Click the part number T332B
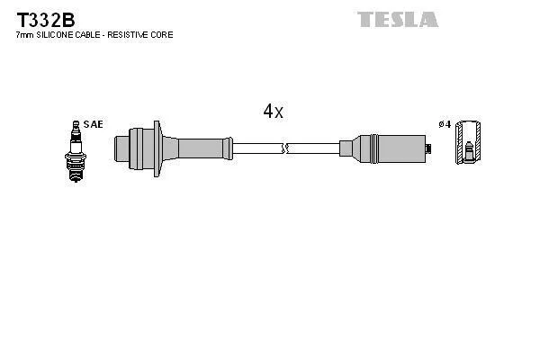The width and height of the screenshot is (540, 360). pos(41,18)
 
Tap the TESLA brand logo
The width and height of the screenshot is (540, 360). pos(397,19)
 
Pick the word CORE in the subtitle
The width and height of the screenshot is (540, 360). pos(163,34)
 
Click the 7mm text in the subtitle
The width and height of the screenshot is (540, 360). pos(22,34)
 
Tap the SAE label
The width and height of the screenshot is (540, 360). pos(93,124)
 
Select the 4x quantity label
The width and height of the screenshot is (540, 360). pos(273,112)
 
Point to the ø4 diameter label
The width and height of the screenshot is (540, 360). pos(444,124)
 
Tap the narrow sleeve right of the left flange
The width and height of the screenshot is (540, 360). pos(202,146)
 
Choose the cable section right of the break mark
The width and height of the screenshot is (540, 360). pos(313,146)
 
